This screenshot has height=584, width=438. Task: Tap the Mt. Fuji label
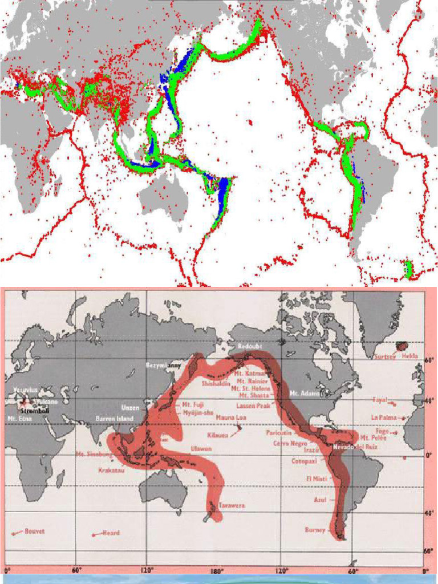pyautogui.click(x=191, y=404)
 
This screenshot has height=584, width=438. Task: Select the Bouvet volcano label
pyautogui.click(x=34, y=531)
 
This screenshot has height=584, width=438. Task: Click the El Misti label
pyautogui.click(x=316, y=478)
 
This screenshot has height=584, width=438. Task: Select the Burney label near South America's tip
pyautogui.click(x=315, y=530)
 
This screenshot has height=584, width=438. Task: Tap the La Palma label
pyautogui.click(x=383, y=417)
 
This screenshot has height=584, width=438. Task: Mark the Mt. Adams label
pyautogui.click(x=303, y=393)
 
